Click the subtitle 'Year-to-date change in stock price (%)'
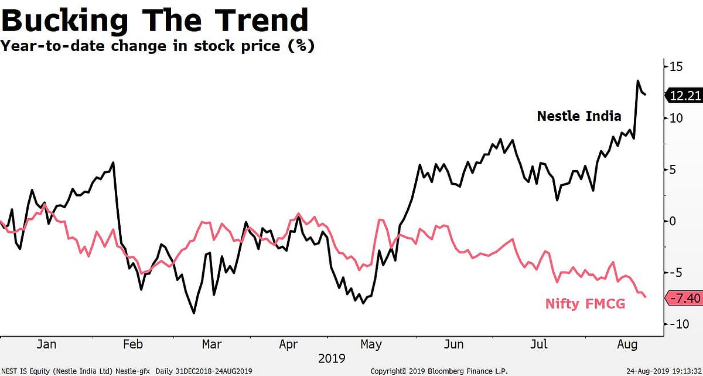157,46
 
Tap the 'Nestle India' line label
579,116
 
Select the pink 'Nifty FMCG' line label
585,304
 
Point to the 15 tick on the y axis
676,67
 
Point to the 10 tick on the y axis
676,118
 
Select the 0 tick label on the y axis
674,221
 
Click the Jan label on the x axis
46,344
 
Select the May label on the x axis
371,344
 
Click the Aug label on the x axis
627,344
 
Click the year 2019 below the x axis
332,358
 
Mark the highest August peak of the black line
638,81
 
